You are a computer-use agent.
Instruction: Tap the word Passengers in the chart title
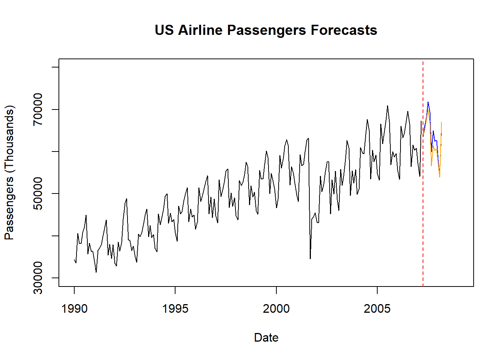(266, 30)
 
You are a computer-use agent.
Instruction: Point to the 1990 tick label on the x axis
(74, 309)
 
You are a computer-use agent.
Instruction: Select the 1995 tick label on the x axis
(175, 309)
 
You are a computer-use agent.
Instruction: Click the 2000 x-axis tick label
(276, 309)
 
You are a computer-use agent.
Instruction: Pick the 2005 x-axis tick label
(377, 309)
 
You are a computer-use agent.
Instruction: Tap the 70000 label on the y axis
(38, 109)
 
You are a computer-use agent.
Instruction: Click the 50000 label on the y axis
(38, 193)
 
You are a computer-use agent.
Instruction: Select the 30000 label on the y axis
(38, 278)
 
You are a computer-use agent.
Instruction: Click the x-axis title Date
(266, 337)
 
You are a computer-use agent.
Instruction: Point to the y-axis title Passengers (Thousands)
(9, 172)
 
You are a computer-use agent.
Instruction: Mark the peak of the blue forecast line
(428, 102)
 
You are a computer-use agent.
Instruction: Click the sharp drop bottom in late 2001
(310, 258)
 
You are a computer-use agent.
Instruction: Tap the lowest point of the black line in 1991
(96, 272)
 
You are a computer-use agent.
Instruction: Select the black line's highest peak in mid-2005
(387, 106)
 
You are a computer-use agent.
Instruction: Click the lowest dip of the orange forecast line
(439, 177)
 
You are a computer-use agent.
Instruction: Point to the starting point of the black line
(74, 259)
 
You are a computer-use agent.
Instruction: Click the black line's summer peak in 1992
(126, 199)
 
